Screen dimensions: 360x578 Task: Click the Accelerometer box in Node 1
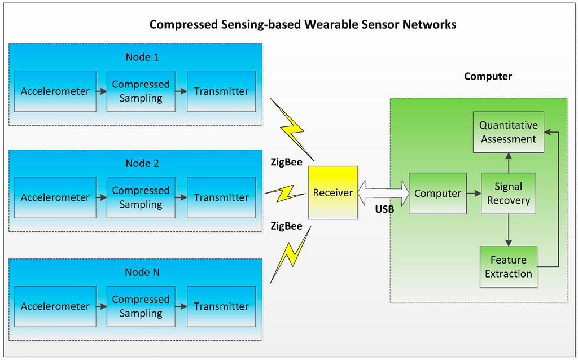(55, 91)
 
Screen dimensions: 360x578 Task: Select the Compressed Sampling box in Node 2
(141, 197)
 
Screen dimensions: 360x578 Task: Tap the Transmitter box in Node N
(221, 306)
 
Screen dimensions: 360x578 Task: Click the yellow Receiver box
(333, 193)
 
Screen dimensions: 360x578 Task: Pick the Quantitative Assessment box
(508, 132)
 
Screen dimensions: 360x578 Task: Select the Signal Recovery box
(508, 194)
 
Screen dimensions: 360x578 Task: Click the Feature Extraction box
(508, 267)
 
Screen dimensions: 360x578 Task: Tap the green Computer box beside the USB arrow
(437, 194)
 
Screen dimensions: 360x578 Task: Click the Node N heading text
(142, 272)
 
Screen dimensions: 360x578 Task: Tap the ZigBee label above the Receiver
(286, 164)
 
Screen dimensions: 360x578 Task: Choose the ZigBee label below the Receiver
(286, 226)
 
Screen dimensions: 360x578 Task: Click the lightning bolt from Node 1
(291, 129)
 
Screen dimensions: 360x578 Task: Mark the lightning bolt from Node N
(291, 254)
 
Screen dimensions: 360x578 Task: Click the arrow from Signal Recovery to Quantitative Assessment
(509, 163)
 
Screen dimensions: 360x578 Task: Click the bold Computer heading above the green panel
(488, 76)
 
